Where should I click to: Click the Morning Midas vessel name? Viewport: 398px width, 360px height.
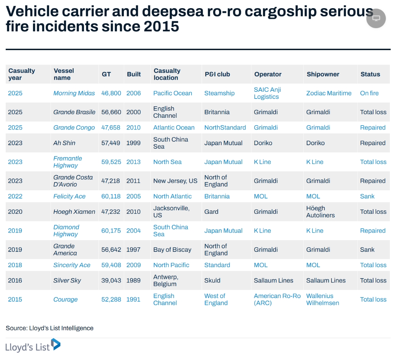tap(74, 93)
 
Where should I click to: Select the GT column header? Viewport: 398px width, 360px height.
tap(106, 74)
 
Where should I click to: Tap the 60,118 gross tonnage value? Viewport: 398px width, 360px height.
tap(111, 196)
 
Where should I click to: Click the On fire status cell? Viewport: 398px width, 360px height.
tap(369, 93)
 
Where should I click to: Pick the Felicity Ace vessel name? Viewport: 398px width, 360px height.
tap(69, 196)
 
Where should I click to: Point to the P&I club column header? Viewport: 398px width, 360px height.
tap(217, 74)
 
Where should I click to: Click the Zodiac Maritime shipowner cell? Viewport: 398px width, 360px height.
tap(329, 93)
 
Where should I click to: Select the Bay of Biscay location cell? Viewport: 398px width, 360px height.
tap(172, 250)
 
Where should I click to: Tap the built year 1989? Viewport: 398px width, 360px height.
tap(134, 280)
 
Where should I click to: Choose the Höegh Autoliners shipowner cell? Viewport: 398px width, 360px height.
tap(320, 212)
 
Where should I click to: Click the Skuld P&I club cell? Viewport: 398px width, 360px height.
tap(212, 280)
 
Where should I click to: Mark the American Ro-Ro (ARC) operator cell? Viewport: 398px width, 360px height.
tap(277, 300)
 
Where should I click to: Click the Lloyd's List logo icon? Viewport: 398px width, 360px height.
tap(56, 344)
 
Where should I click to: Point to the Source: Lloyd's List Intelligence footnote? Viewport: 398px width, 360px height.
tap(49, 328)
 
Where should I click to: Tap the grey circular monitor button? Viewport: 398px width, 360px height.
tap(376, 18)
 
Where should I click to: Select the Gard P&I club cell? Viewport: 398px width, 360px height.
tap(211, 212)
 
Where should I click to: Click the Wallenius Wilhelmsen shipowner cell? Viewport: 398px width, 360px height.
tap(323, 300)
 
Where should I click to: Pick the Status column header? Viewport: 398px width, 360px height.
tap(370, 74)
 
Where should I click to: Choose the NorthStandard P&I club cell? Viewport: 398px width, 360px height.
tap(225, 128)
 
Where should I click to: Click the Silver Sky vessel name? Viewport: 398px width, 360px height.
tap(67, 280)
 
